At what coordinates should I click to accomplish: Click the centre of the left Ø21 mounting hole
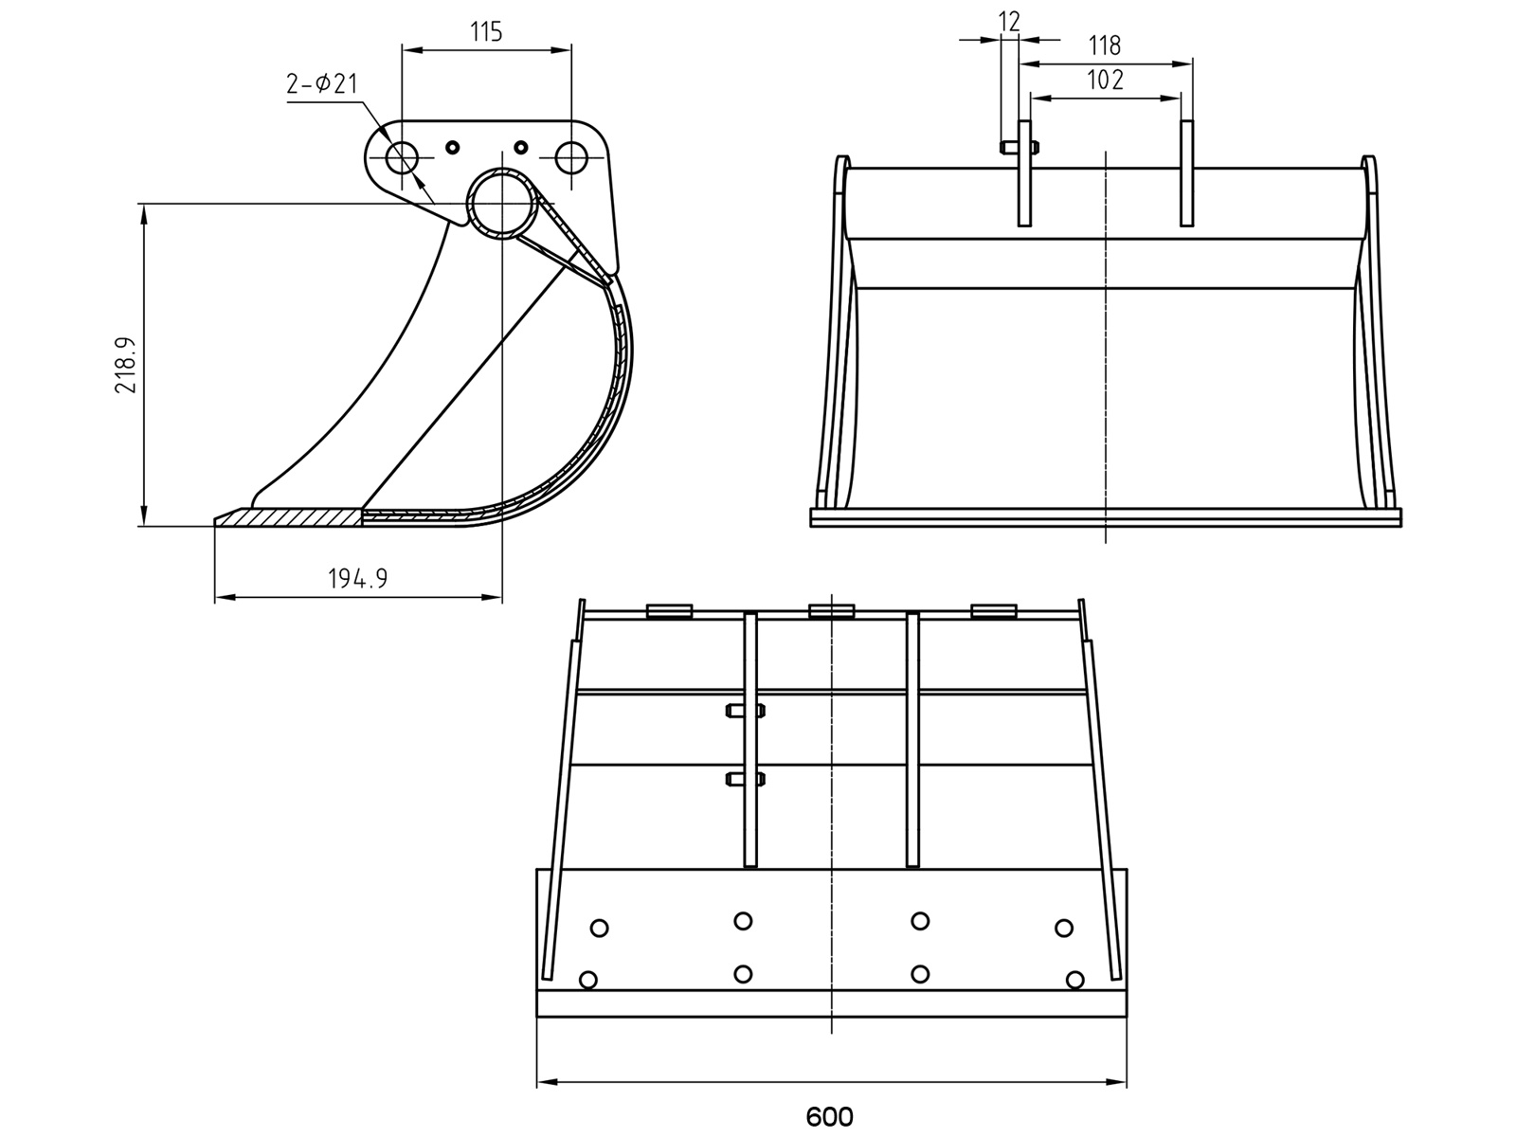tap(402, 158)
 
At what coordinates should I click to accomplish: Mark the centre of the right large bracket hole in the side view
tap(571, 158)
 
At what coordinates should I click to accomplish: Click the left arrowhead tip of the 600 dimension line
tap(537, 1082)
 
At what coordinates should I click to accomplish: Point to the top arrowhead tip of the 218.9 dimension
tap(144, 205)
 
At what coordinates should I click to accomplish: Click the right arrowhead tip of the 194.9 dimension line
tap(501, 597)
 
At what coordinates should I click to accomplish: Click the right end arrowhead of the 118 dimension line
tap(1193, 64)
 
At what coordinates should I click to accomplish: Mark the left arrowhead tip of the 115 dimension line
tap(403, 49)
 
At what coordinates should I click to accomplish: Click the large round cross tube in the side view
tap(502, 204)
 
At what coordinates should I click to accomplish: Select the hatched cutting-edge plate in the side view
tap(289, 517)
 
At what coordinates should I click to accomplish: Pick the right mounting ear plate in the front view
tap(1186, 173)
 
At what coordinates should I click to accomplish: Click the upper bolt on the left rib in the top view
tap(746, 711)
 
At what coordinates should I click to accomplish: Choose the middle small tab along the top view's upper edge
tap(832, 611)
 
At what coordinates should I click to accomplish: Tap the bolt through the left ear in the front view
tap(1020, 146)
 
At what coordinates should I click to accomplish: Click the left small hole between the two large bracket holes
tap(452, 147)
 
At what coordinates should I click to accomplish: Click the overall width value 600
tap(829, 1117)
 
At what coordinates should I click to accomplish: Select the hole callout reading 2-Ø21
tap(322, 84)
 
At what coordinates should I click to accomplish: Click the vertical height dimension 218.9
tap(126, 365)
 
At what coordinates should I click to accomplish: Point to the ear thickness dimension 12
tap(1009, 22)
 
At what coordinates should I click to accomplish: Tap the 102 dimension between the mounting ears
tap(1105, 81)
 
